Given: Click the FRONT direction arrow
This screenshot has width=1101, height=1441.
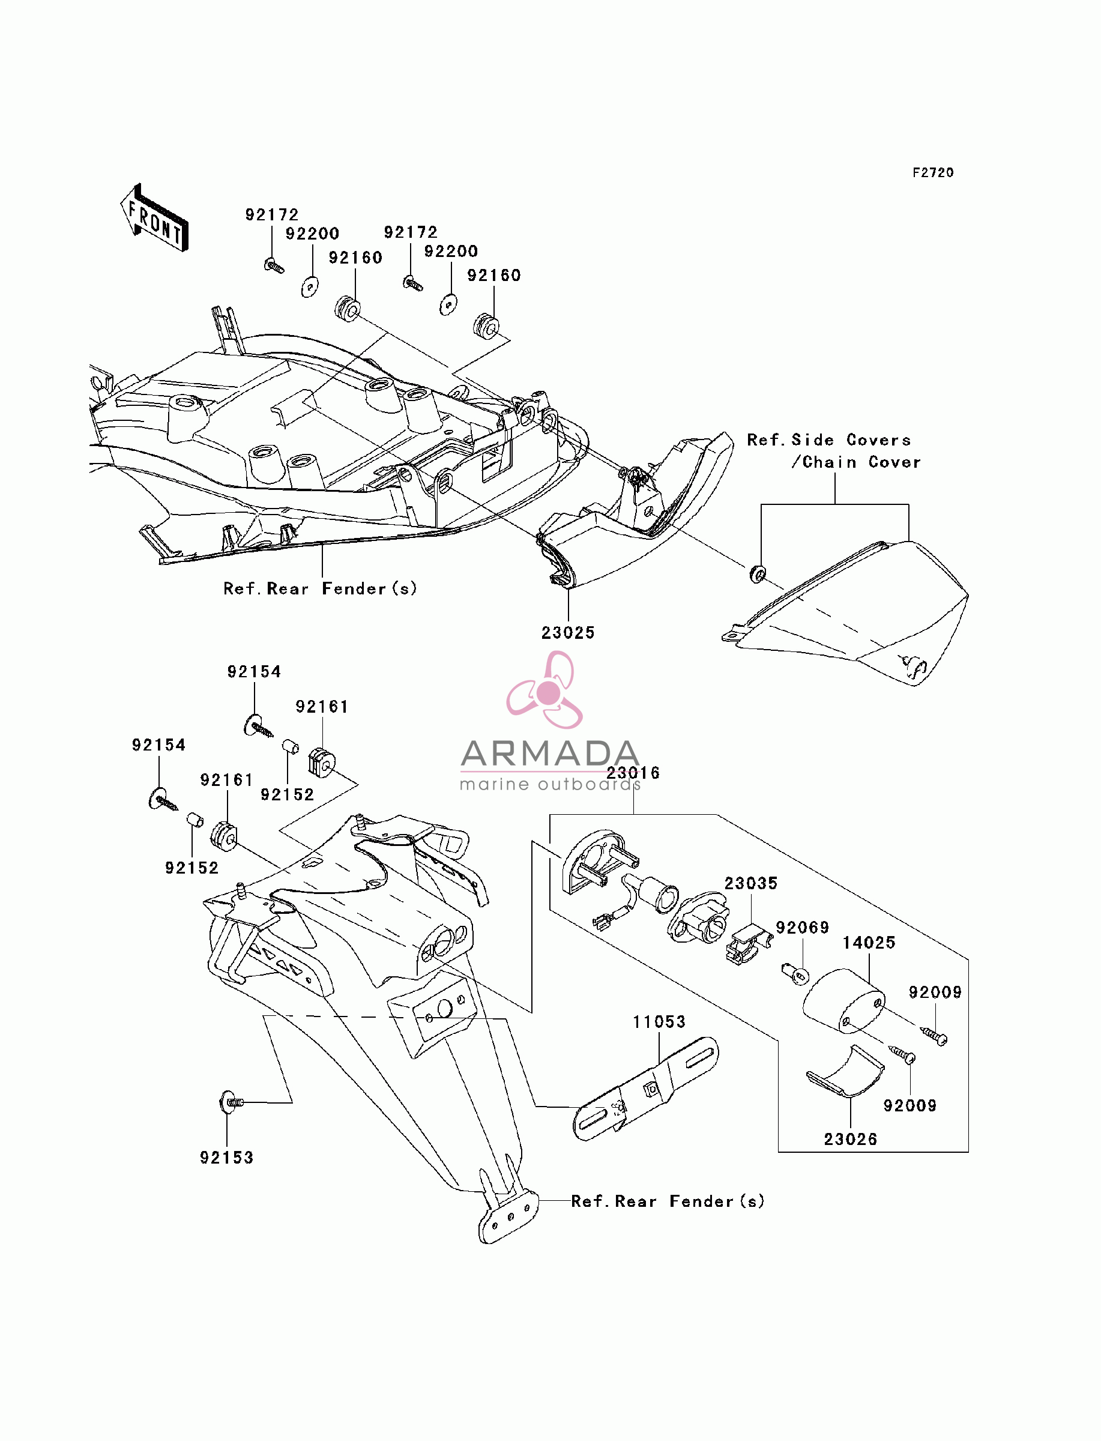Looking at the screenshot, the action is pos(155,218).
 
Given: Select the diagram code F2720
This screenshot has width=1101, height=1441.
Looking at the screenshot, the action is pos(934,173).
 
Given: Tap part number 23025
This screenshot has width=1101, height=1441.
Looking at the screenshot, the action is pos(568,633).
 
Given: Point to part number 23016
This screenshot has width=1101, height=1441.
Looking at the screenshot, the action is pos(633,773).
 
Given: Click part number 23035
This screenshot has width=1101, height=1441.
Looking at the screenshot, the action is pos(751,883).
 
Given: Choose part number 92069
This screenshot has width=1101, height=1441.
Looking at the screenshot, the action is pos(803,928).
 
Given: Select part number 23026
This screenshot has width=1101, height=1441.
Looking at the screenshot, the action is pos(851,1140).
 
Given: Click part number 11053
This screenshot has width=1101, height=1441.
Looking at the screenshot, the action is pos(659,1023).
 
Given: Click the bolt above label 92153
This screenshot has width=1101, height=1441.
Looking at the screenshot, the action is pos(231,1103).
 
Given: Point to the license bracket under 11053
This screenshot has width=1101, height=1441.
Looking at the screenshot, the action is pos(645,1089).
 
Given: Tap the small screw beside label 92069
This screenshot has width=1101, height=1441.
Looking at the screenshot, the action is pos(795,974).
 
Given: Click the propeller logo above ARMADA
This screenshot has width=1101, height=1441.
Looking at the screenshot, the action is pos(545,690).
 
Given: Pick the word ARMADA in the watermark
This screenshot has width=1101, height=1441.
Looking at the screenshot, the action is pos(550,754).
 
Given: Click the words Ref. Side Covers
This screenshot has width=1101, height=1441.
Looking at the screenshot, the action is pos(829,440).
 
